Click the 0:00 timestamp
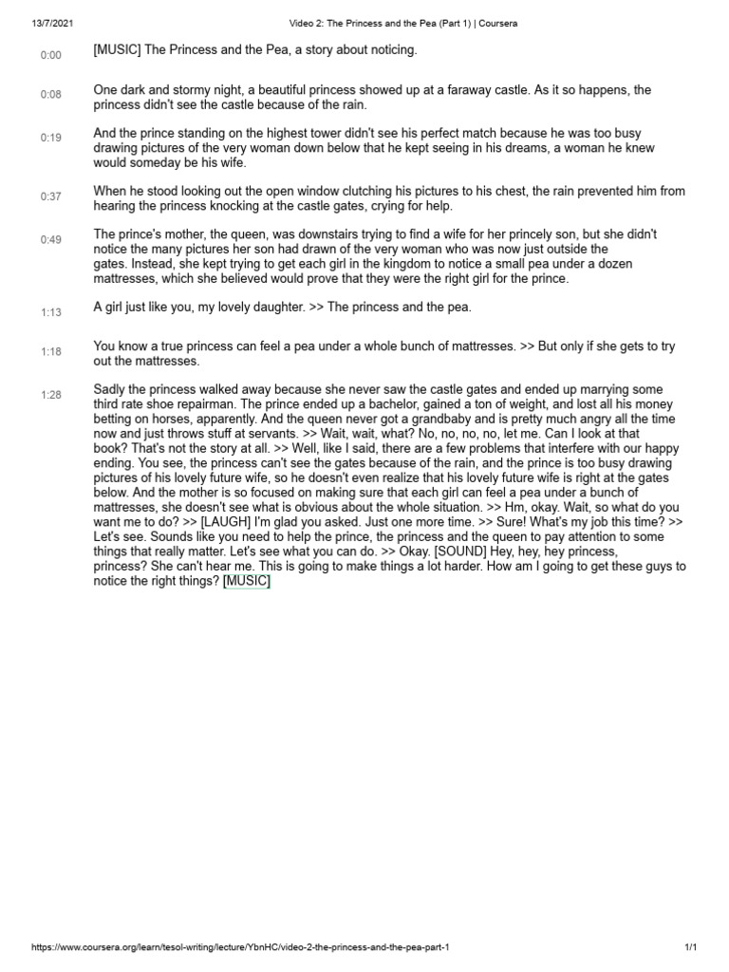pos(50,55)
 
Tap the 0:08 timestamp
pos(50,95)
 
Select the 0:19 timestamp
pos(50,138)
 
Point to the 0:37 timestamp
pos(50,196)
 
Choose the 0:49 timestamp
pos(50,239)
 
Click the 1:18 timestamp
pos(50,351)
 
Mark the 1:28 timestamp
pos(50,394)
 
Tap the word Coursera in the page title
pos(497,23)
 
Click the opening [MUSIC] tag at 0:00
pos(117,49)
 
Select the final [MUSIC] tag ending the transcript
pos(247,582)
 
